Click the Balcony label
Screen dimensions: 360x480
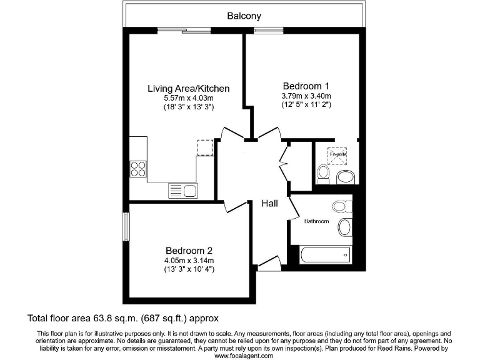[244, 16]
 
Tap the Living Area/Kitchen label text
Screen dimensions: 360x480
[188, 89]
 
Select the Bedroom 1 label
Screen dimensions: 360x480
[306, 86]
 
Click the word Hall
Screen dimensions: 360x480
[269, 203]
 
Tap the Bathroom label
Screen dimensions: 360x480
[316, 221]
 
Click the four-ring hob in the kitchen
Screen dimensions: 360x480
[138, 169]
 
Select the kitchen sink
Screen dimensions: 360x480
[182, 190]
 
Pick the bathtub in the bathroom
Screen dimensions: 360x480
[326, 254]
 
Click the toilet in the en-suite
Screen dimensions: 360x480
[323, 173]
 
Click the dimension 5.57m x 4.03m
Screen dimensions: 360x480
[188, 99]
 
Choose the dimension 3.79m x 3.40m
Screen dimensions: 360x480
[306, 96]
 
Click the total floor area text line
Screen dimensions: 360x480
[122, 318]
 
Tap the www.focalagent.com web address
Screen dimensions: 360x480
[244, 356]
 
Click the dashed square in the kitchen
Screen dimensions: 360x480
[205, 147]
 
